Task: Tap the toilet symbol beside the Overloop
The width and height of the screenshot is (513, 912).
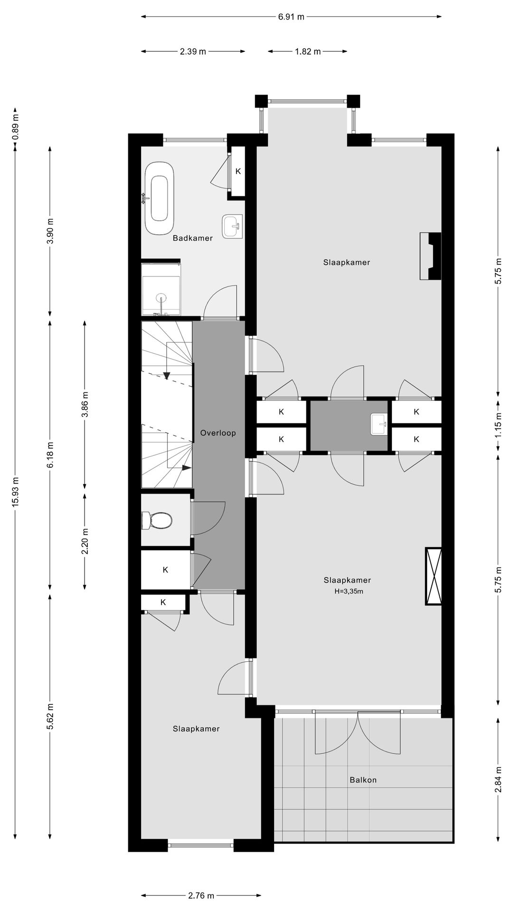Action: click(x=157, y=521)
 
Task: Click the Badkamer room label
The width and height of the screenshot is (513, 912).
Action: click(x=192, y=238)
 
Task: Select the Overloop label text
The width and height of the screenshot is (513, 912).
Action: click(x=218, y=433)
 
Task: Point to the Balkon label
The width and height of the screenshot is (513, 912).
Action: click(x=363, y=779)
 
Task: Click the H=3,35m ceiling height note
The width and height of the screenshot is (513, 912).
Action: click(x=349, y=591)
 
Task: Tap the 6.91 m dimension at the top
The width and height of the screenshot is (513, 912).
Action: click(x=291, y=17)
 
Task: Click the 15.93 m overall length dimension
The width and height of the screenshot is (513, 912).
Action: click(x=16, y=492)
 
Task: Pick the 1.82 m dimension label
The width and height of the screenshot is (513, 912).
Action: click(x=308, y=51)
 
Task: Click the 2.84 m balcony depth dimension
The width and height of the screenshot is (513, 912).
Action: click(x=498, y=779)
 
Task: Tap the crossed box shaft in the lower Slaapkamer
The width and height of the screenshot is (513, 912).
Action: click(x=433, y=576)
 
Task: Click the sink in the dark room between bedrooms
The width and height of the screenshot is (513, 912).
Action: click(x=379, y=424)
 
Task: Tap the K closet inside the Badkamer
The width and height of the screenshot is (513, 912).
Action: click(x=238, y=171)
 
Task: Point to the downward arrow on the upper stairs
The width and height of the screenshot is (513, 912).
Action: click(x=167, y=375)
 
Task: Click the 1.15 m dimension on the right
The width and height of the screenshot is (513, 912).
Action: click(x=498, y=426)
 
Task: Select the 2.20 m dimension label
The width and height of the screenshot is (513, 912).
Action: click(x=85, y=541)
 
